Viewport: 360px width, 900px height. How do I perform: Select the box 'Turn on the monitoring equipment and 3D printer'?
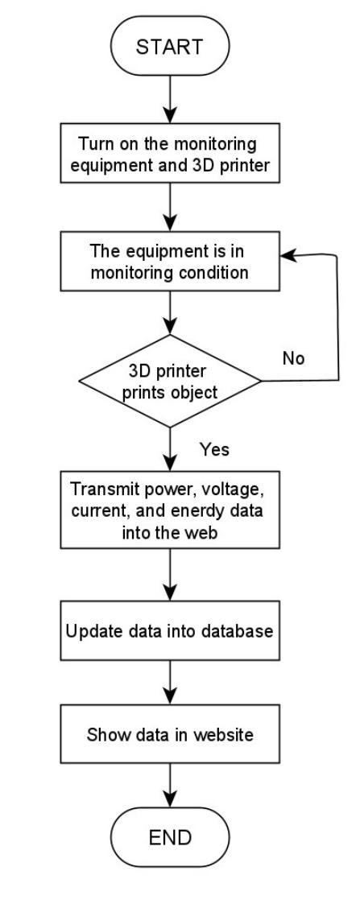[170, 155]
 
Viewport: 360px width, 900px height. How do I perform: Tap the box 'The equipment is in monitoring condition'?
[170, 261]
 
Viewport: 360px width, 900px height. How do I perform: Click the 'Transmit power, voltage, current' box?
[170, 501]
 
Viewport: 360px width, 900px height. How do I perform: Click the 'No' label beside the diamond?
[294, 358]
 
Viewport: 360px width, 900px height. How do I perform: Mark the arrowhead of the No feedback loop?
[285, 255]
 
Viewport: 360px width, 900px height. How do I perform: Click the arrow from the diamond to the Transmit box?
[170, 448]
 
